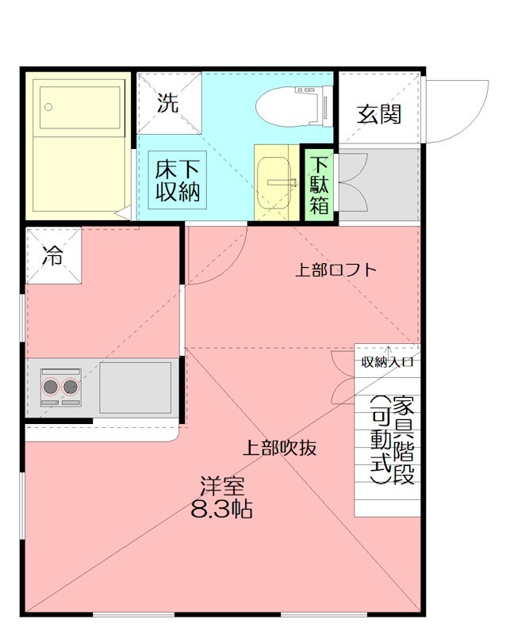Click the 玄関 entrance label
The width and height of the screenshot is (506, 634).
point(378,114)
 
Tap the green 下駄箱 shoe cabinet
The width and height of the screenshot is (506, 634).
point(319,184)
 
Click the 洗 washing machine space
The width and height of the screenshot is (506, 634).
point(168,103)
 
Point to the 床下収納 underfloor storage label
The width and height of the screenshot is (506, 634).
point(177,181)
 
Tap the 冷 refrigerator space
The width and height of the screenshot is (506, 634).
point(53,255)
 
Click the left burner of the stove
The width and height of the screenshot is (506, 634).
point(52,387)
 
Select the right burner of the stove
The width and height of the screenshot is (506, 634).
point(71,387)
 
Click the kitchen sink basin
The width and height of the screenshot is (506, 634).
point(135,387)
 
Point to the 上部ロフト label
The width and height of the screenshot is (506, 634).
point(335,270)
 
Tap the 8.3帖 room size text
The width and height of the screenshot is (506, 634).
point(222,510)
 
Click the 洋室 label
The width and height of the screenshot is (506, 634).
point(222,486)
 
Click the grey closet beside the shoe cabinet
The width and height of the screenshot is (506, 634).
point(379,184)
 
